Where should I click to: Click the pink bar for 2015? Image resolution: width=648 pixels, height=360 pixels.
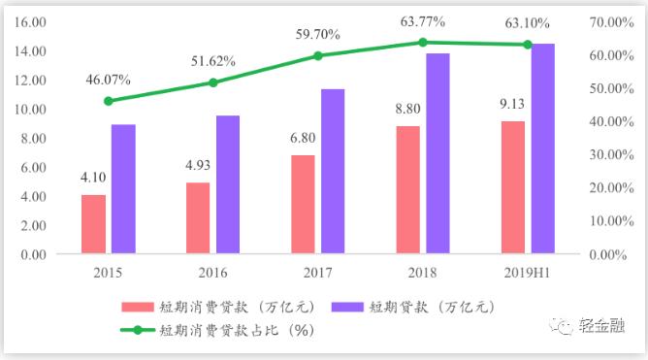pyautogui.click(x=93, y=224)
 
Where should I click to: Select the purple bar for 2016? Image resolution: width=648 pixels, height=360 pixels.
pyautogui.click(x=228, y=184)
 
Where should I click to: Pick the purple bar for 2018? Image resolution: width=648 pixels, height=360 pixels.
pyautogui.click(x=438, y=153)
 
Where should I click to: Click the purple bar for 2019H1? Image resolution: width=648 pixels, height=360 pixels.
pyautogui.click(x=542, y=148)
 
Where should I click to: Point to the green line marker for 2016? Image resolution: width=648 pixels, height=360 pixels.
pyautogui.click(x=213, y=82)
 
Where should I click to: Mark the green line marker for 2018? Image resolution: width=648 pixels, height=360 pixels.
pyautogui.click(x=423, y=42)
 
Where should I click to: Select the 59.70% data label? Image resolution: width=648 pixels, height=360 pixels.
pyautogui.click(x=318, y=34)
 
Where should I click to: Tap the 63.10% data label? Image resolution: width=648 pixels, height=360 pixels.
pyautogui.click(x=528, y=22)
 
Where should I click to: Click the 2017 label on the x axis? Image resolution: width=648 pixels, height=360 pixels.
pyautogui.click(x=317, y=274)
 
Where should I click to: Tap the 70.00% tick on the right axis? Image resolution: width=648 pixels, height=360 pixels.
pyautogui.click(x=611, y=21)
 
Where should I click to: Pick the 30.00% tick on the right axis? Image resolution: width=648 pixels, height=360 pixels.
pyautogui.click(x=611, y=154)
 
